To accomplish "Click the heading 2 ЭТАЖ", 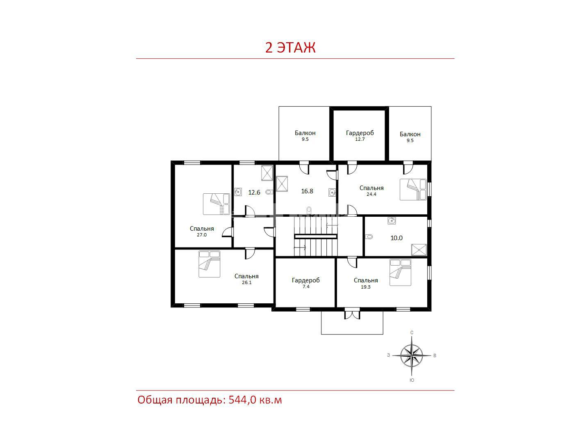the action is [x=290, y=47].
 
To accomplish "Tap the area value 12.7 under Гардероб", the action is [x=360, y=139].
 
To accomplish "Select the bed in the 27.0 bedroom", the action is [x=216, y=204].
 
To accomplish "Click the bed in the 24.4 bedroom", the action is [x=413, y=190].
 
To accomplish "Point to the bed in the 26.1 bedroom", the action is [x=210, y=264].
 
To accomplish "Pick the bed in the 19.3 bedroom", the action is [x=400, y=273].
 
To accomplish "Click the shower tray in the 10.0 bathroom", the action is [x=419, y=250].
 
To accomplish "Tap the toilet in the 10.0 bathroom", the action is [x=369, y=236].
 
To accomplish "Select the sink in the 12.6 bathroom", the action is [x=238, y=192].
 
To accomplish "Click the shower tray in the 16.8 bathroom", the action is [x=282, y=184].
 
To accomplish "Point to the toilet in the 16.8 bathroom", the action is [x=309, y=210].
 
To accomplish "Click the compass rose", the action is [x=412, y=355].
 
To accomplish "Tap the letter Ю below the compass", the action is [x=412, y=380].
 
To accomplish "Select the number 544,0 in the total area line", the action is [x=242, y=400].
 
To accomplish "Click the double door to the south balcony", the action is [x=352, y=314].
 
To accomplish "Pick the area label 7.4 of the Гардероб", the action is [x=306, y=287].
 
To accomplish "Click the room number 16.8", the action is [x=307, y=191].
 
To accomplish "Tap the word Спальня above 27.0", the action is [x=202, y=229].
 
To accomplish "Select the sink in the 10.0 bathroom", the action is [x=392, y=221].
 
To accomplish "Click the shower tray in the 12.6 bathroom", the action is [x=267, y=173].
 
